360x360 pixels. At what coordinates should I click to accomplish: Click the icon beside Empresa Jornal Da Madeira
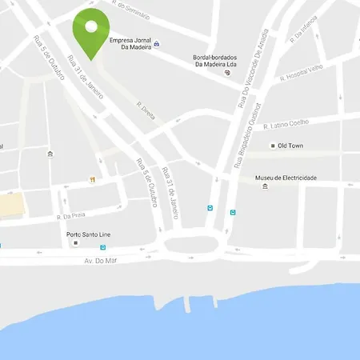(x=156, y=43)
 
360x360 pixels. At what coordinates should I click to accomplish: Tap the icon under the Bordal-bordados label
(x=227, y=73)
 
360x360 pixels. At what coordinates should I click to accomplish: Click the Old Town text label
(x=292, y=146)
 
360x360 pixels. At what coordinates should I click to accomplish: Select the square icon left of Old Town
(x=273, y=146)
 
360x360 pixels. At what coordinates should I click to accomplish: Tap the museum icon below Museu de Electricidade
(x=265, y=187)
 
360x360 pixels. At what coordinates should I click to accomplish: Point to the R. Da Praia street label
(x=70, y=217)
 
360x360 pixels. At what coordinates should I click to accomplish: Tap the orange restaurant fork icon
(x=94, y=179)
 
